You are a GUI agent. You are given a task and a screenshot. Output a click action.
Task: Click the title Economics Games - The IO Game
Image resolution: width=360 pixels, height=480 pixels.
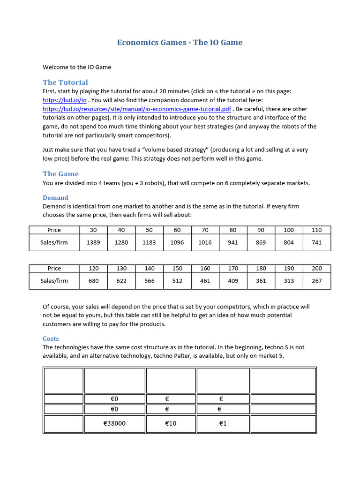point(180,43)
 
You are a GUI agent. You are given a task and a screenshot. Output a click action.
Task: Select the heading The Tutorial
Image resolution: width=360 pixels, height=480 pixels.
point(65,82)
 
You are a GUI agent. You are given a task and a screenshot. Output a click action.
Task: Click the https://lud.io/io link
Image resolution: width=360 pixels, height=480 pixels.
point(65,100)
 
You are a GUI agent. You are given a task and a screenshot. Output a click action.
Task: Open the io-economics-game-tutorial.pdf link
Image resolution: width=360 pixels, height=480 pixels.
point(137,109)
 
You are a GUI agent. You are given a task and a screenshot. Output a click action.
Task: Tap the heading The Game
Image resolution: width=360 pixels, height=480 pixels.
point(61,174)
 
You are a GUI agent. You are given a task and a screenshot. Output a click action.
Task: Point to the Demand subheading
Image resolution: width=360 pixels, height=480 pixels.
point(55,198)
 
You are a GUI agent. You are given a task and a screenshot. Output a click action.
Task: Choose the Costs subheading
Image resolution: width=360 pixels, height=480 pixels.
point(51,338)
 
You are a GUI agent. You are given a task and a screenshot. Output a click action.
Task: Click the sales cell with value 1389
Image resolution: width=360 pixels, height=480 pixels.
point(93,242)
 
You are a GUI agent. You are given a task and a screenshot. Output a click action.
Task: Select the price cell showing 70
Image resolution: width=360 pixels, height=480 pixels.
point(205,230)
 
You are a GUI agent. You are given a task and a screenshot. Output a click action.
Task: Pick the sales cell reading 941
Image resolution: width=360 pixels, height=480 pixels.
point(233,242)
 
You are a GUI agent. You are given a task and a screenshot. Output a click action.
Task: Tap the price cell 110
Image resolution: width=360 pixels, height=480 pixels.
point(317,230)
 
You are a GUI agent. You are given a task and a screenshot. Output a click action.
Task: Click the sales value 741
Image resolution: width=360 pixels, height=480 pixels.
point(317,242)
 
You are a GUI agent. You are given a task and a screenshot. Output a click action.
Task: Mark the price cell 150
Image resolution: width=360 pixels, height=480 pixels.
point(177,268)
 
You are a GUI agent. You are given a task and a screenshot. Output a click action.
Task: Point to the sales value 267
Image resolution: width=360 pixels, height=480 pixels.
point(317,281)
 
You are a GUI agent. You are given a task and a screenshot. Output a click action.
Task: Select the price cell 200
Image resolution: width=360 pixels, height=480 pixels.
point(317,268)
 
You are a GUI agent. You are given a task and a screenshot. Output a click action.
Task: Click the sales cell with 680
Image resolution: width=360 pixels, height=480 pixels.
point(93,281)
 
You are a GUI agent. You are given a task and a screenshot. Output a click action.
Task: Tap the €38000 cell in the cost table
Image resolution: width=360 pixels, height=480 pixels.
point(114,423)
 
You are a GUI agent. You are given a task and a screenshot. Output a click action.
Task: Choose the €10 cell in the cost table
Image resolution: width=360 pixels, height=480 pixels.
point(171,423)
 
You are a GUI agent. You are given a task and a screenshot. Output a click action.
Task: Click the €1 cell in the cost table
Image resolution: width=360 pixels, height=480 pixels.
point(223,423)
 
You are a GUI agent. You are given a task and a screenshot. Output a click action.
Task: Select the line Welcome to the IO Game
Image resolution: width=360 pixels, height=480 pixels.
point(77,67)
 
